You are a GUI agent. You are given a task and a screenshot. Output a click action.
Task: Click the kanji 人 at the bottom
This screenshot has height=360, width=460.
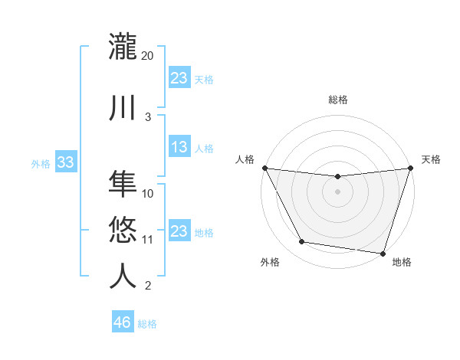point(123,276)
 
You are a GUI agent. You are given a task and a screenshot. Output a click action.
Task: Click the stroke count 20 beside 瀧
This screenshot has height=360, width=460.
point(148,56)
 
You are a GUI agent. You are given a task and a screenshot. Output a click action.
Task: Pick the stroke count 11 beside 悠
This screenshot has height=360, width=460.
point(148,240)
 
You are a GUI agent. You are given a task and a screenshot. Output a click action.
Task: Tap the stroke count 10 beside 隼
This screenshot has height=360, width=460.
point(148,194)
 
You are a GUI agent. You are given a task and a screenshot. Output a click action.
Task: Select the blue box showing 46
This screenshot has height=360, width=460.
point(123,322)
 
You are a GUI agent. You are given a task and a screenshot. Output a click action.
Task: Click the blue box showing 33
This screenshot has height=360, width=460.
point(66,162)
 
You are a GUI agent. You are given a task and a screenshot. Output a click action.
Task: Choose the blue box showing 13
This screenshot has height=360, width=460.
point(179,147)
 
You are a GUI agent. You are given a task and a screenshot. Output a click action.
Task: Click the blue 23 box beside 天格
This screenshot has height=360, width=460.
point(179,78)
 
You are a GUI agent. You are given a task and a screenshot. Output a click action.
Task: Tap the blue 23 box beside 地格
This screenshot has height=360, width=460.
point(179,231)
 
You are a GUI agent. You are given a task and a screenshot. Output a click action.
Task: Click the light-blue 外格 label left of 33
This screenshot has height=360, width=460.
point(41,163)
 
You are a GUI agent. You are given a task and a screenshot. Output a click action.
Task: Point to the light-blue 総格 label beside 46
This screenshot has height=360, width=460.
point(147,324)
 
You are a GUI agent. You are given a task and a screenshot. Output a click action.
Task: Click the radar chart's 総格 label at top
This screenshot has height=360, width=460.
point(337,100)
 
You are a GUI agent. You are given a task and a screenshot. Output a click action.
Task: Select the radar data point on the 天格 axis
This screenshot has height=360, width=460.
point(410,168)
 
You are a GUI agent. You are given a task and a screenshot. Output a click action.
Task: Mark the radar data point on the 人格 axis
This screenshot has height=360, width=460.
point(264,168)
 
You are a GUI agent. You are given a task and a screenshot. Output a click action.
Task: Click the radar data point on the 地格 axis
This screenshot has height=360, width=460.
point(383,253)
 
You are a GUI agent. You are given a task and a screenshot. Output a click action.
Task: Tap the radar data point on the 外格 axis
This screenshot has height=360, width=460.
point(302,242)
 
